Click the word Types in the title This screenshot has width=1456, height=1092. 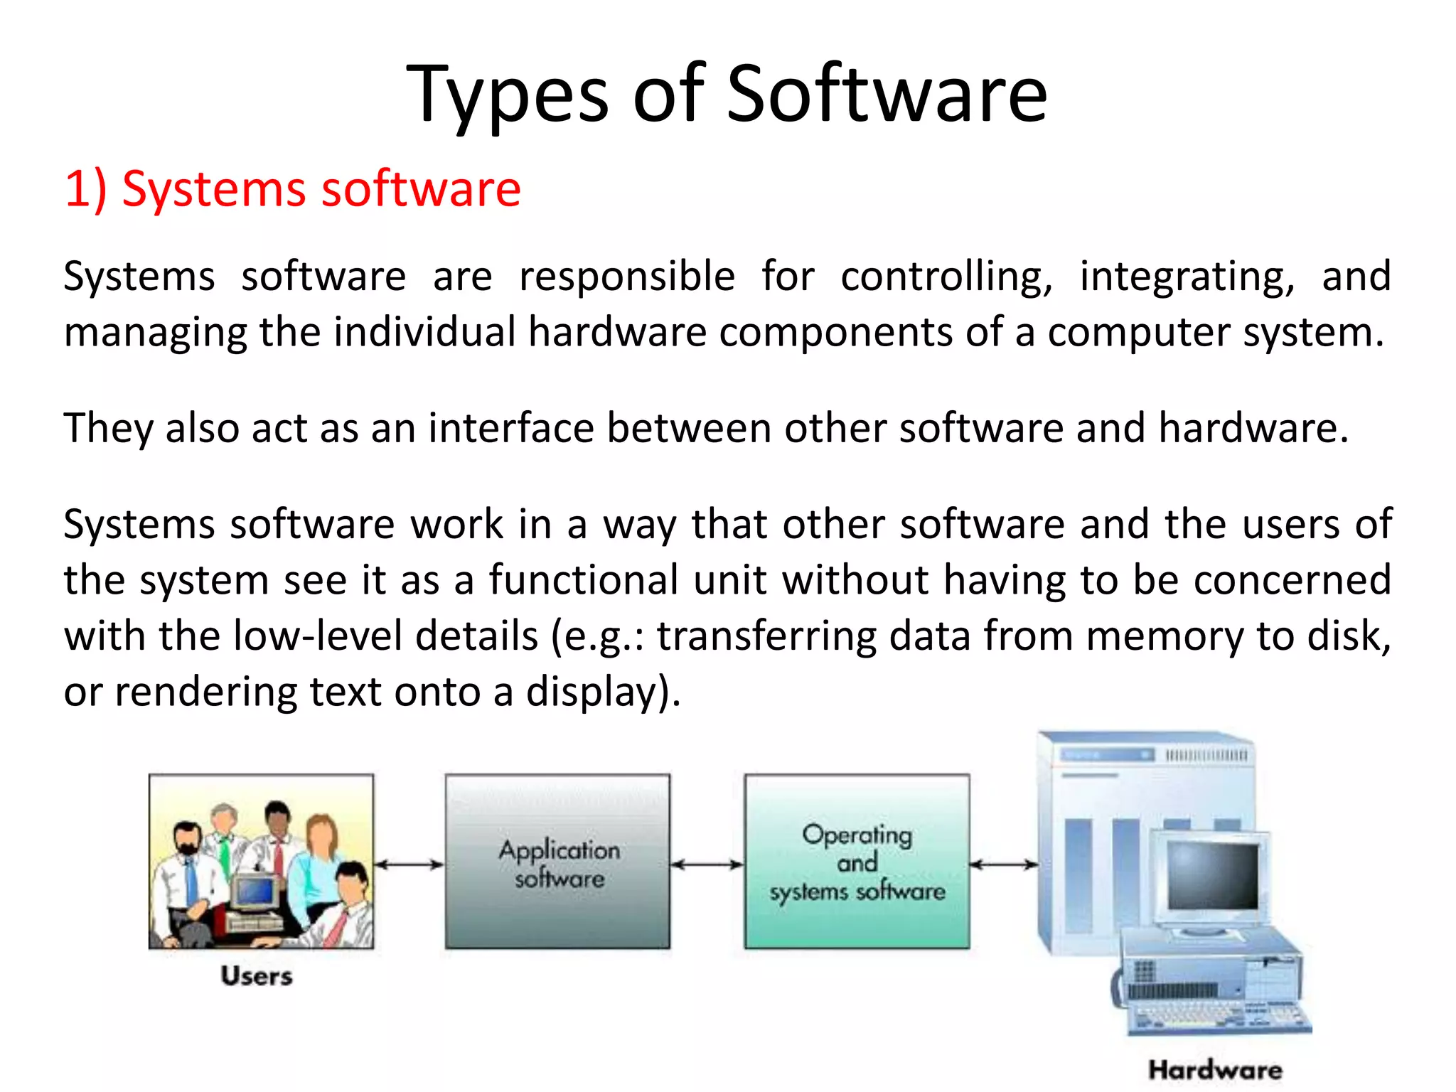(507, 96)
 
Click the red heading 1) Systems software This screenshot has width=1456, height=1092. (292, 189)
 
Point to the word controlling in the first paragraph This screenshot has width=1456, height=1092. (946, 277)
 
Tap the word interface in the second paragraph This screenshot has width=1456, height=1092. (510, 429)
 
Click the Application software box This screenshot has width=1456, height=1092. (557, 862)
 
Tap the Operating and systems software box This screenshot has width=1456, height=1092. (857, 862)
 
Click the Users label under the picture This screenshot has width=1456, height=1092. (256, 976)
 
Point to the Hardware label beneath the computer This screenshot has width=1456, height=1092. (1215, 1070)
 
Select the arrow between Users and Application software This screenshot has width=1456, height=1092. (409, 864)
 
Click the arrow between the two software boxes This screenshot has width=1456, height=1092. (707, 864)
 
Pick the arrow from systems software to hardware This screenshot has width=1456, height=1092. (1003, 864)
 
